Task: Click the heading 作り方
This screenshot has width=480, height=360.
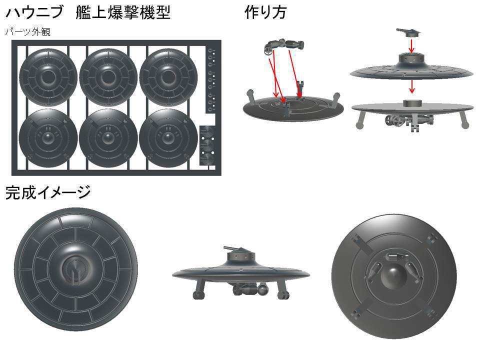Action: pos(265,12)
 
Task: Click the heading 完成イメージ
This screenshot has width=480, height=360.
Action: pos(48,192)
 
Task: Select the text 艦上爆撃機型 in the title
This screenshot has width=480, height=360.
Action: pos(123,12)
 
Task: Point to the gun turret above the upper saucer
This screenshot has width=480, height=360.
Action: pos(411,32)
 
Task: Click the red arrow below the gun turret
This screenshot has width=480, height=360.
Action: pos(411,46)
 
